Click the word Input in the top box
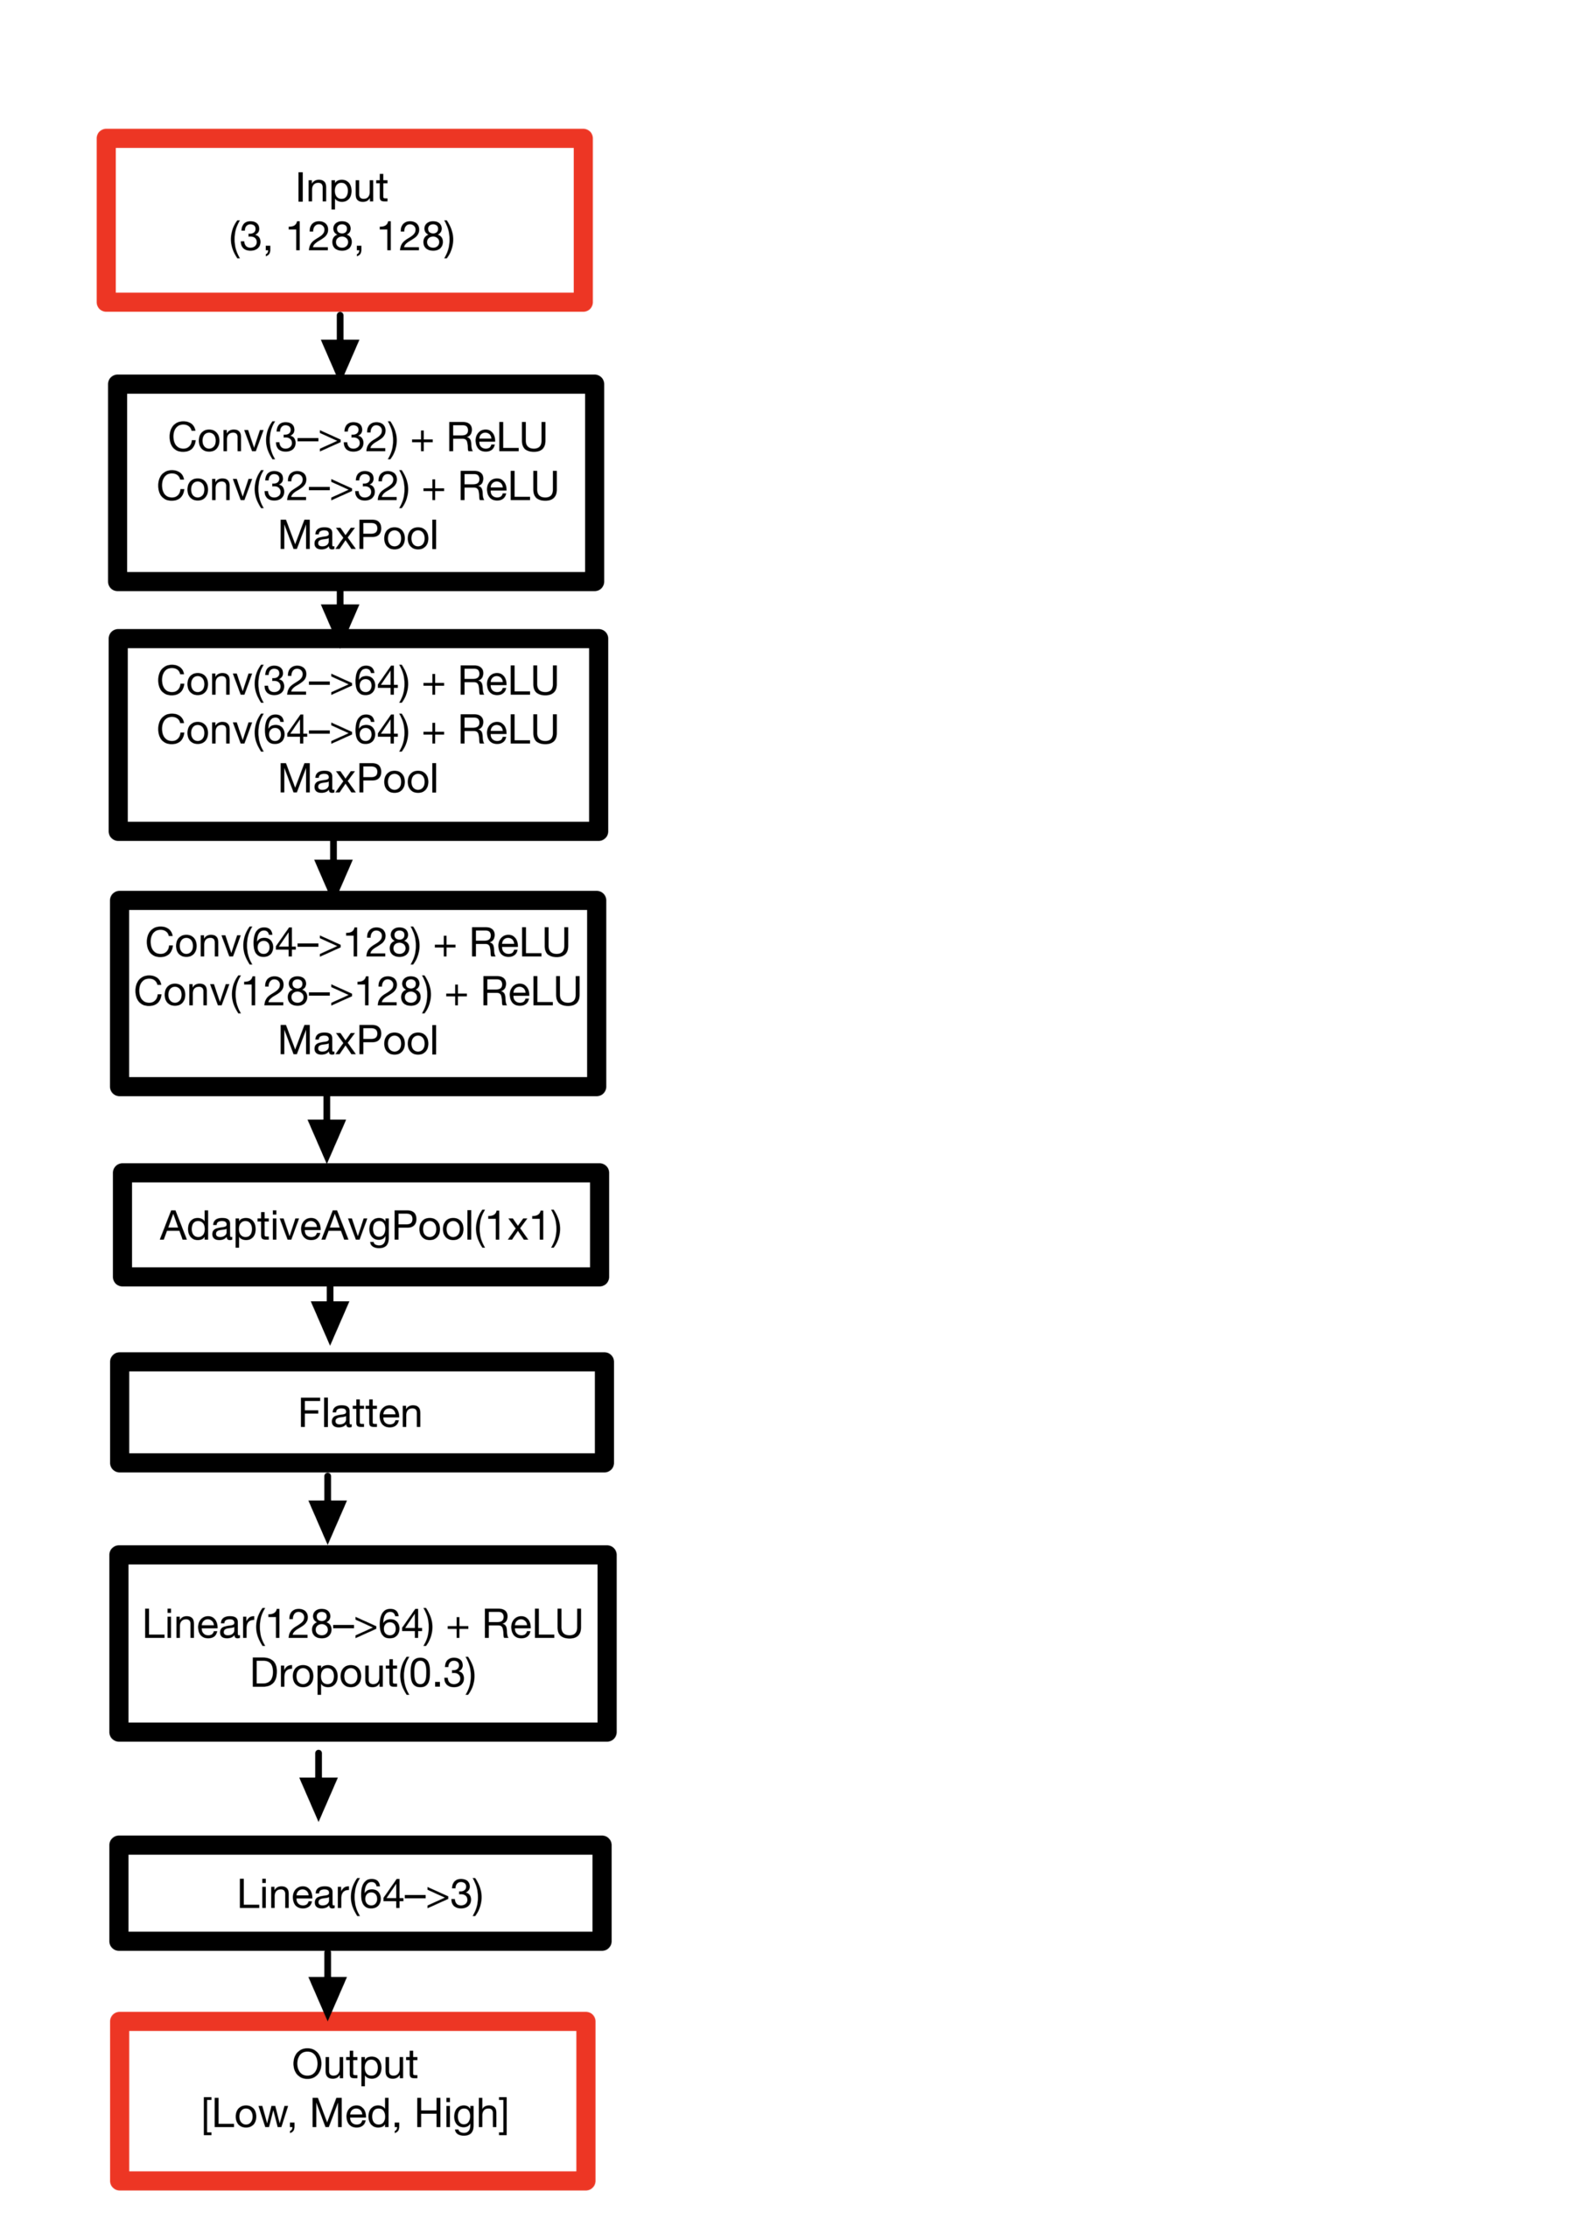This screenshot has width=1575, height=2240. [341, 189]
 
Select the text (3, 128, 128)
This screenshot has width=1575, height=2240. [341, 237]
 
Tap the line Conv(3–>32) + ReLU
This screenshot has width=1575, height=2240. [357, 438]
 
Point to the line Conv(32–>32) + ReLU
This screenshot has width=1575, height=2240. [357, 486]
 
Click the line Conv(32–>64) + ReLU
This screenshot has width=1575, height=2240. [357, 681]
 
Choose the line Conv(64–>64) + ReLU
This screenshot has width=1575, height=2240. [357, 730]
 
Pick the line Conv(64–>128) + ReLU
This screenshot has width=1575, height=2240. [357, 942]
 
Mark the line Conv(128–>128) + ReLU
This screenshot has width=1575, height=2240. [357, 991]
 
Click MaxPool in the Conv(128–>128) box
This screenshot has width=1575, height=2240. [357, 1040]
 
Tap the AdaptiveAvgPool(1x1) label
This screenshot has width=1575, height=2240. [360, 1227]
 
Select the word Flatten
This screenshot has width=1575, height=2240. [360, 1412]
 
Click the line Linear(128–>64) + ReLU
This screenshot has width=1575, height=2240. [362, 1624]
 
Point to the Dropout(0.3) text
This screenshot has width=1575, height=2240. [362, 1673]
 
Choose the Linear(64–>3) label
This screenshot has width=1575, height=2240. [360, 1894]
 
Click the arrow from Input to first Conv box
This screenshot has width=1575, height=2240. [339, 346]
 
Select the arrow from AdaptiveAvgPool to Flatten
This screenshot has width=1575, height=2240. [330, 1315]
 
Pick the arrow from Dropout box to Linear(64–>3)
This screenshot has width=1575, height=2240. [318, 1785]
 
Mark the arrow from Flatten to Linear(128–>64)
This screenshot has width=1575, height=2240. [328, 1509]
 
